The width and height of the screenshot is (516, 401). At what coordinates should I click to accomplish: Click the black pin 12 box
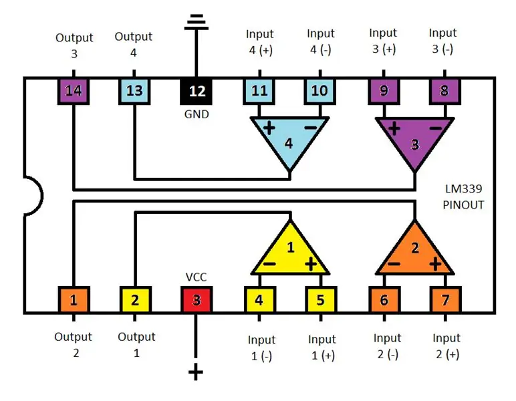196,91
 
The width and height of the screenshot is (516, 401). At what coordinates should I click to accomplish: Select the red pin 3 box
197,299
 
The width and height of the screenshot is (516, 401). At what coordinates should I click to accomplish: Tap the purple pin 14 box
74,91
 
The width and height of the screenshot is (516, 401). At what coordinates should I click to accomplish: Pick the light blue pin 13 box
134,91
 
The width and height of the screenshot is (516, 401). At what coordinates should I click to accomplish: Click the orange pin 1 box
74,299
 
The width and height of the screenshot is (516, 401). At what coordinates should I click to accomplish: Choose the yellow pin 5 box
321,299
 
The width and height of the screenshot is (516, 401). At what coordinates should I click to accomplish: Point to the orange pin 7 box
446,299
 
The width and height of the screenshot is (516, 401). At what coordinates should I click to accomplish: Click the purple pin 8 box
445,91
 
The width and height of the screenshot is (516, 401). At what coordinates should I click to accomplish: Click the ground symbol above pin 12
197,21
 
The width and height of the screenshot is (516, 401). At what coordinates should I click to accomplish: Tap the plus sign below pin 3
196,372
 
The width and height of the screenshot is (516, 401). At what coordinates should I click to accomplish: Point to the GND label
197,114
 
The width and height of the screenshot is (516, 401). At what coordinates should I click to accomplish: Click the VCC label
196,277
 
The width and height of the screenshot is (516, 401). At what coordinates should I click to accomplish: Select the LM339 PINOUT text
463,196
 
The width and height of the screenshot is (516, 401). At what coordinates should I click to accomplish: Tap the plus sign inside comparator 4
269,128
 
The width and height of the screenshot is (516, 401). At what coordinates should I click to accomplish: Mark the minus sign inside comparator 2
394,263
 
